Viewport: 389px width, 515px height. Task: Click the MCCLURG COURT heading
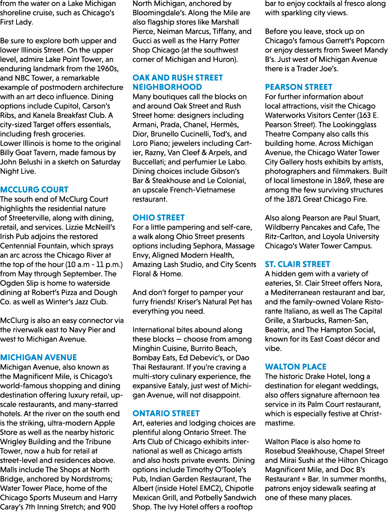34,190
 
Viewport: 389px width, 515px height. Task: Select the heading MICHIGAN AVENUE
38,357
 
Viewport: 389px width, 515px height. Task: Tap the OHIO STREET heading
158,217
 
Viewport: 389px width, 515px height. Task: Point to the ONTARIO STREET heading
166,414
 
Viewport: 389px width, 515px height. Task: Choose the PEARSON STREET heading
298,87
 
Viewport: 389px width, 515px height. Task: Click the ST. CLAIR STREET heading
298,264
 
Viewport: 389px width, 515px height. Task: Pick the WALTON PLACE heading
296,367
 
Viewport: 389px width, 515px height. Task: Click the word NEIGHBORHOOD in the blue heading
167,87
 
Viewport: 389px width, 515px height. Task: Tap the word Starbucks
309,321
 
